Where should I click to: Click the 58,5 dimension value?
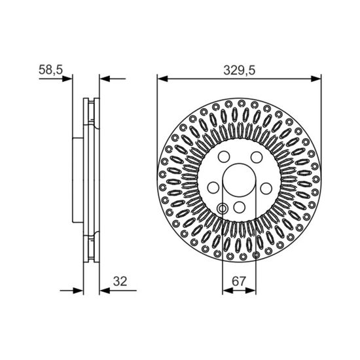coord(50,69)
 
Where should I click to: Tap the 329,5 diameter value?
coord(239,70)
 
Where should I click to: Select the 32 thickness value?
coord(120,281)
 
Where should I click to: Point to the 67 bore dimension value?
coord(239,281)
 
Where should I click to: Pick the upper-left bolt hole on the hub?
coord(224,157)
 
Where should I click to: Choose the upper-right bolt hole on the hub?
coord(257,157)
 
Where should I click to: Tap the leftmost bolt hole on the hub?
coord(213,188)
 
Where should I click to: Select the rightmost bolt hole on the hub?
coord(266,188)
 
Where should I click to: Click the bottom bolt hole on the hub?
coord(240,207)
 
